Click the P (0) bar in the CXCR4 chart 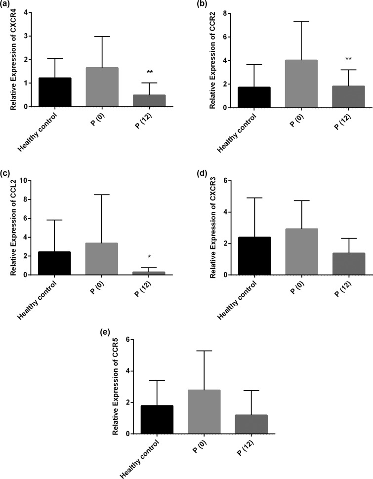point(102,87)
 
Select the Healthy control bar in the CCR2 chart point(254,97)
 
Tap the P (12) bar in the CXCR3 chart point(348,264)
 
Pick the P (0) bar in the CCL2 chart point(101,259)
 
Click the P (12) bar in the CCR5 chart point(251,424)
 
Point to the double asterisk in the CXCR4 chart point(150,72)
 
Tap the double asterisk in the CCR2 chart point(348,59)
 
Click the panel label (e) point(106,332)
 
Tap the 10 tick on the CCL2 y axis point(23,181)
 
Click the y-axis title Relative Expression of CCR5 point(115,387)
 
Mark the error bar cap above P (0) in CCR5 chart point(204,351)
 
